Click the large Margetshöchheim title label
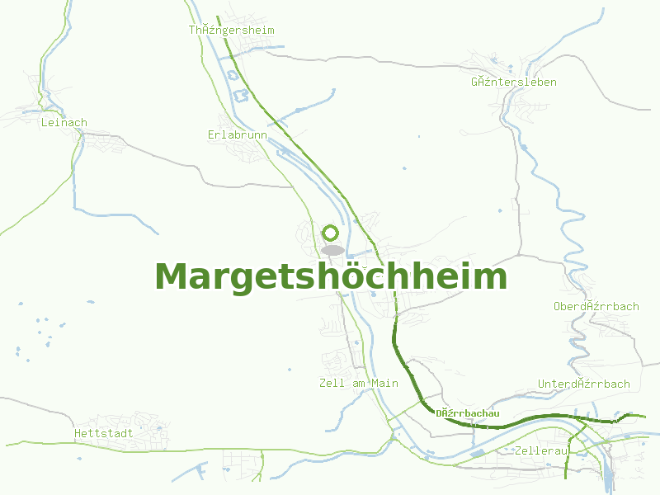(330, 277)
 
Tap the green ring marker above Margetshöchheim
(331, 233)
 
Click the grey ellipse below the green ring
(332, 250)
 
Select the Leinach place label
(64, 122)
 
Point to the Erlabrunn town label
(238, 134)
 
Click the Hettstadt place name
(103, 432)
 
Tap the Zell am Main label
(358, 383)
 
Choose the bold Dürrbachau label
(468, 413)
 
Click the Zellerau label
(541, 451)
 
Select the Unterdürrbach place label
(583, 384)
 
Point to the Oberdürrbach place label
(596, 306)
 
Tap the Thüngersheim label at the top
(231, 30)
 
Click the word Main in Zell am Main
(384, 383)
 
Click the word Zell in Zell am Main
(332, 383)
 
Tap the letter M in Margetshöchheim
(171, 277)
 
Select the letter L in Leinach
(44, 122)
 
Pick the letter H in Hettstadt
(78, 432)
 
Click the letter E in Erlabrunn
(211, 134)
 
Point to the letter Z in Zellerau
(516, 451)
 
